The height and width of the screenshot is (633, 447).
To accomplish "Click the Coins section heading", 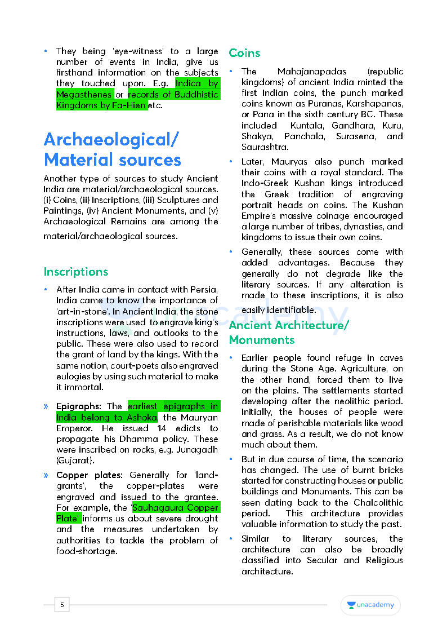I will click(244, 53).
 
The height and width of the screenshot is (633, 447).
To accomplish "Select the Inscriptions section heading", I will click(75, 272).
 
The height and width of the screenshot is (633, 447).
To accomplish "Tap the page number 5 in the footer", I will click(62, 605).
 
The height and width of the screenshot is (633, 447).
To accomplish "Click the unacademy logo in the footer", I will click(370, 605).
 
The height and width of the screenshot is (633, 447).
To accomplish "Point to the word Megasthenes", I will click(84, 94).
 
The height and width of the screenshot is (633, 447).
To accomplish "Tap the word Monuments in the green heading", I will click(261, 340).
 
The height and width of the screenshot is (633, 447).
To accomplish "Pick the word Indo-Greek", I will click(264, 183).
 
